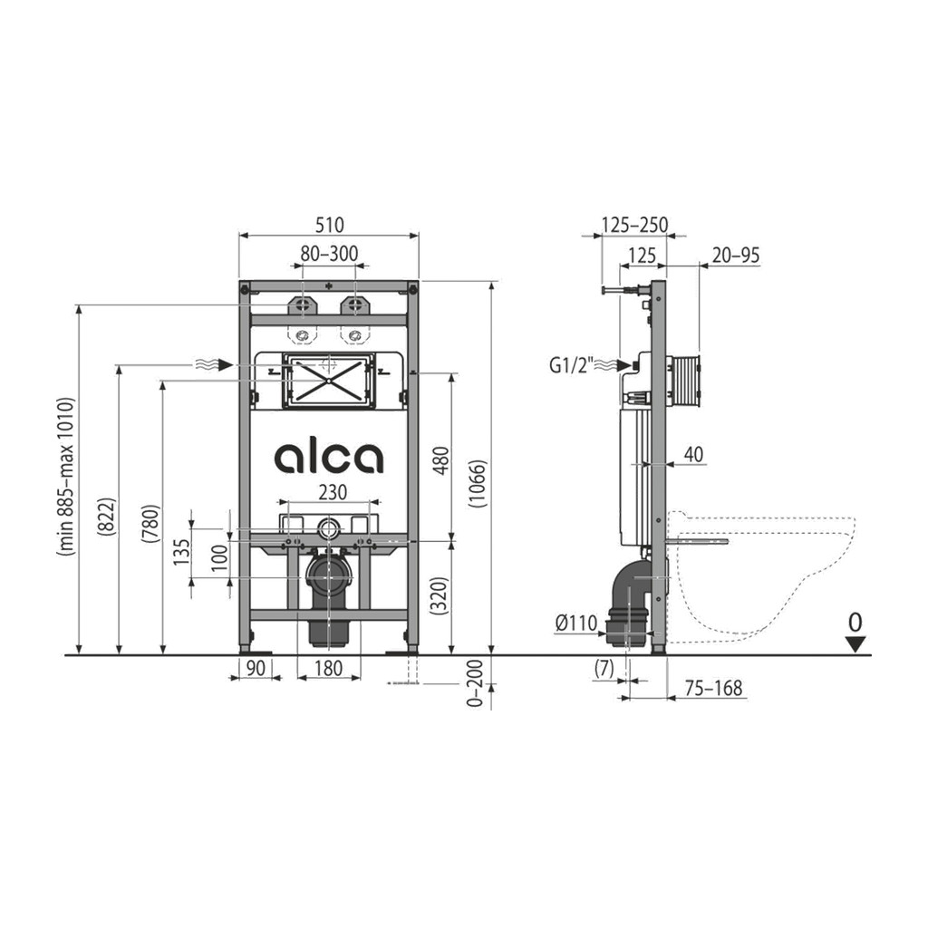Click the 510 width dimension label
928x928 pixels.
329,225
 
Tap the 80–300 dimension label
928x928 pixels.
329,254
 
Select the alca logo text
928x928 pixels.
328,458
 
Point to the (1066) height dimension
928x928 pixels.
478,484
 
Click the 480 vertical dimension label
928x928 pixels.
442,460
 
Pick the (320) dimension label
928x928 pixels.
442,595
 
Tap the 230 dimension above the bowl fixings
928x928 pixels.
333,492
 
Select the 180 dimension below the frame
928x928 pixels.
328,668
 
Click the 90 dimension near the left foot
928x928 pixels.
255,668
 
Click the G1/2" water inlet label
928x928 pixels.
571,366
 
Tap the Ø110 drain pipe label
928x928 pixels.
576,623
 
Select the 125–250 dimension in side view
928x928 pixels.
634,225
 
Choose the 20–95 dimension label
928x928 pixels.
736,255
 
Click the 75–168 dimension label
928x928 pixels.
713,688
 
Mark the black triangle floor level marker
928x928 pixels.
855,644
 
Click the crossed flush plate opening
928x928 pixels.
328,380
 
